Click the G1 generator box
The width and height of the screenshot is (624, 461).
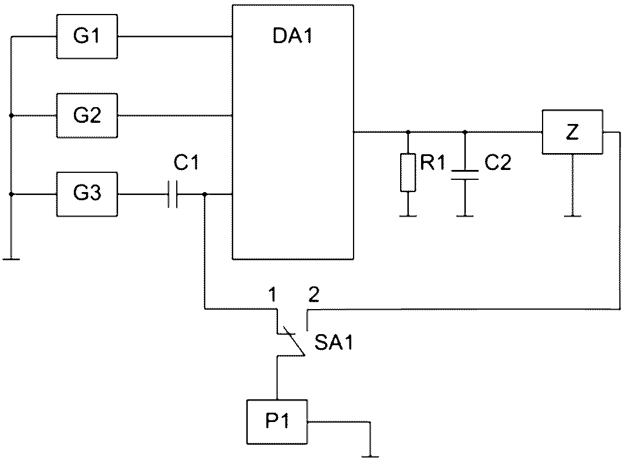pos(87,37)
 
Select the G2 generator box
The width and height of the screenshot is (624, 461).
pos(87,116)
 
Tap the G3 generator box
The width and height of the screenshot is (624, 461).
pos(87,194)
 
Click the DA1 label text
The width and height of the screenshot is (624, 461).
pos(293,36)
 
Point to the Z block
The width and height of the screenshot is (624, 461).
pos(572,132)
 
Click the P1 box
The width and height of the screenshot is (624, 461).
pos(277,422)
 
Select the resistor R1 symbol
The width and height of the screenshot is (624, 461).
pos(408,172)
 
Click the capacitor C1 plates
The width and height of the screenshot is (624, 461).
pos(172,194)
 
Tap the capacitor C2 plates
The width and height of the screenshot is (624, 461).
pos(465,175)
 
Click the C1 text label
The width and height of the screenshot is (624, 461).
pos(186,162)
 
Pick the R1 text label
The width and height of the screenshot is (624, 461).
pos(432,162)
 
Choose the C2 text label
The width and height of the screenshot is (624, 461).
pos(497,162)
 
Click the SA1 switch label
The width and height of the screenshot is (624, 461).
pos(334,343)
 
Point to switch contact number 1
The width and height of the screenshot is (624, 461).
pos(273,295)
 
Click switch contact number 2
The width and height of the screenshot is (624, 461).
pos(314,295)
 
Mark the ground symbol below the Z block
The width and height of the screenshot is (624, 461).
pos(572,216)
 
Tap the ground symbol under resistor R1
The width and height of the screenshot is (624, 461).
pos(408,216)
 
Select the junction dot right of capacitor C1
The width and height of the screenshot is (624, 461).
pos(205,194)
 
